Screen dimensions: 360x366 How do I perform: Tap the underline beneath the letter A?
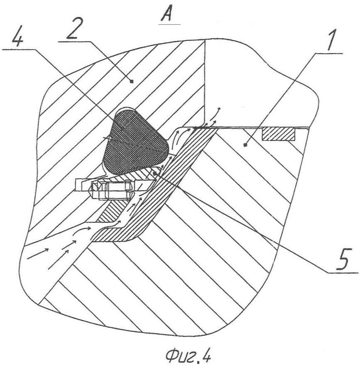tap(169, 24)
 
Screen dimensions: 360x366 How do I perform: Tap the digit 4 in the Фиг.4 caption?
tap(205, 356)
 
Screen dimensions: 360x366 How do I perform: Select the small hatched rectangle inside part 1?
tap(279, 135)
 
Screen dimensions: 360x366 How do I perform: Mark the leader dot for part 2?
tap(132, 81)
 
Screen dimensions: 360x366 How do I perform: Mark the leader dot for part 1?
tap(245, 145)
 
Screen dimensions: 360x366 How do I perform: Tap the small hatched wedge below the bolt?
tap(110, 212)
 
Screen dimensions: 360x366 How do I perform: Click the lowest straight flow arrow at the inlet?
tap(58, 260)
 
